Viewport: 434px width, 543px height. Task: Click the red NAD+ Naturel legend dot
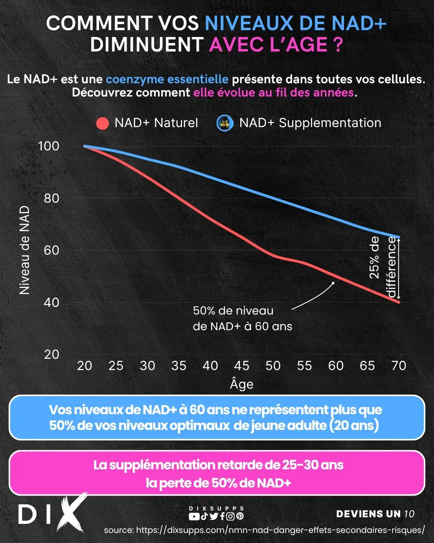[x=103, y=123]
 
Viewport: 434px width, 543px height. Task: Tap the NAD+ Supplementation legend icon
[x=225, y=123]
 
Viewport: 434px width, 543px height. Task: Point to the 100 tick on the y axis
[x=49, y=146]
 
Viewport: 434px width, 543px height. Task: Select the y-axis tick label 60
[x=51, y=250]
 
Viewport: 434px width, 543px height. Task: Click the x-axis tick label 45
[x=242, y=366]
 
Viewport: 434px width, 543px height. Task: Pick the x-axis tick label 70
[x=399, y=366]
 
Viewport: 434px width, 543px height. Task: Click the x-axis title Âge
[x=242, y=384]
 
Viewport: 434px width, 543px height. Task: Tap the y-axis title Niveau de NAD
[x=25, y=250]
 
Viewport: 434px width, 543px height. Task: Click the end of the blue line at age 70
[x=399, y=237]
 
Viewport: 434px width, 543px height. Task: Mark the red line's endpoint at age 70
[x=399, y=302]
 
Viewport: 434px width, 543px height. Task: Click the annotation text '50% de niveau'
[x=233, y=311]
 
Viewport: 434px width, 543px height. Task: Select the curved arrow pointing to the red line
[x=313, y=295]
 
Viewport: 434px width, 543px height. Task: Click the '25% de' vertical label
[x=374, y=257]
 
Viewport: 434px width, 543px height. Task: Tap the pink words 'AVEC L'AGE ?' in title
[x=276, y=45]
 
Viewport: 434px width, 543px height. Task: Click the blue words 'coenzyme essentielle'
[x=167, y=79]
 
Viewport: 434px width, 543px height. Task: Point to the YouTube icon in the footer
[x=194, y=516]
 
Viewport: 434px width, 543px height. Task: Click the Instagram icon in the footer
[x=231, y=516]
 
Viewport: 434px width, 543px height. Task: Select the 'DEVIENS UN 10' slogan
[x=375, y=514]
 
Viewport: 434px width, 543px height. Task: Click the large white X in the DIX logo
[x=72, y=512]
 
